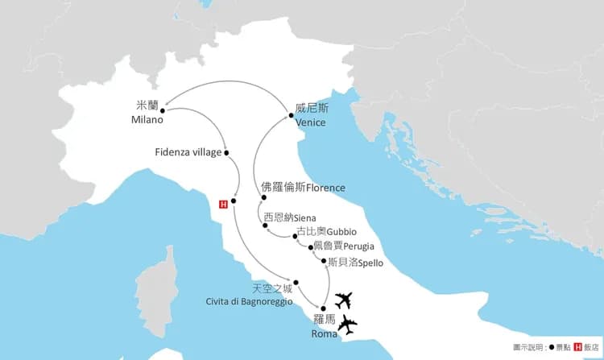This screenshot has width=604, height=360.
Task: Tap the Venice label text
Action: pos(311,122)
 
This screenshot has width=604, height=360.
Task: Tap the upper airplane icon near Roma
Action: pos(345,300)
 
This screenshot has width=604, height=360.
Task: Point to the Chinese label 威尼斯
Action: pos(310,109)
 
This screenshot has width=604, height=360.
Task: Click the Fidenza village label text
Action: pos(188,152)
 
